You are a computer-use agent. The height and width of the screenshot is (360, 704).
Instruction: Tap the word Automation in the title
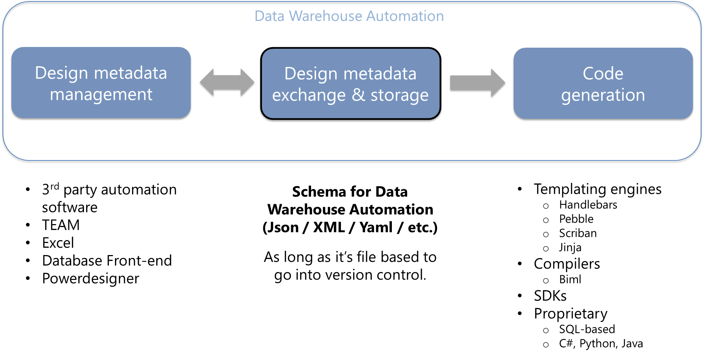tap(405, 16)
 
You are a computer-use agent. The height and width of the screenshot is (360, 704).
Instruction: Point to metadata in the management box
tap(130, 73)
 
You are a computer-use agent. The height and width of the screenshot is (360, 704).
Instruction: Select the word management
tap(101, 95)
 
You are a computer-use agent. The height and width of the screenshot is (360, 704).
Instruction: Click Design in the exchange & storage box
tap(311, 74)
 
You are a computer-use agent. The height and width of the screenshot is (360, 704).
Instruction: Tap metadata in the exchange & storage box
tap(380, 74)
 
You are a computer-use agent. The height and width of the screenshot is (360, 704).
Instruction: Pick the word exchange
tap(309, 95)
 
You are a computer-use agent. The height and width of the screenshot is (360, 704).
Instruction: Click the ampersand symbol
tap(358, 95)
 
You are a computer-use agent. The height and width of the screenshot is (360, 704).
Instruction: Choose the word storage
tap(399, 95)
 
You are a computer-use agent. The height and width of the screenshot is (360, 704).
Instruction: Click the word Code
tap(603, 74)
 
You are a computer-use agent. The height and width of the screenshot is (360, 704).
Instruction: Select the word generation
tap(603, 95)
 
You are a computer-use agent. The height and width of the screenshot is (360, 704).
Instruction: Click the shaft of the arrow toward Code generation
tap(470, 83)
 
